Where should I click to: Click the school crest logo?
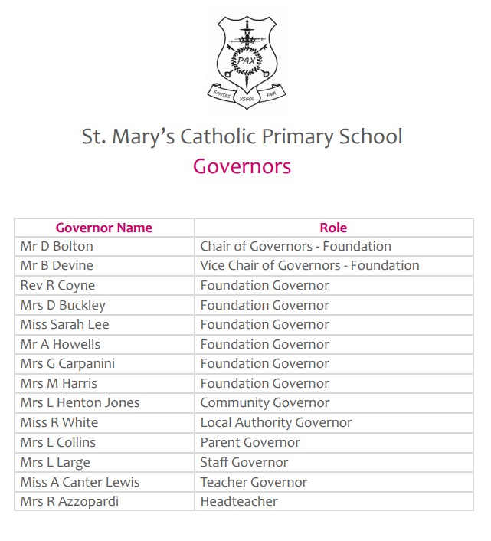[247, 58]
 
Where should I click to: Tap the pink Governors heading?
[242, 166]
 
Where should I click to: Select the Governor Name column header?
[104, 228]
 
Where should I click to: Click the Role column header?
[333, 228]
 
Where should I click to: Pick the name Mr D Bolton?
[57, 246]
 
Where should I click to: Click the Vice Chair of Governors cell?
[309, 266]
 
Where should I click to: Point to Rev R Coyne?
[58, 285]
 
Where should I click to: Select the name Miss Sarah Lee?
[65, 325]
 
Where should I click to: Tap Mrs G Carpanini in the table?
[67, 364]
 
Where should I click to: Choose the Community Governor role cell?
[265, 403]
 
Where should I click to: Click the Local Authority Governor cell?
[276, 423]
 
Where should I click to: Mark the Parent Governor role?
[250, 442]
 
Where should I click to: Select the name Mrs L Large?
[55, 462]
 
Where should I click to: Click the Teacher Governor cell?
[254, 482]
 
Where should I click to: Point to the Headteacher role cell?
[239, 501]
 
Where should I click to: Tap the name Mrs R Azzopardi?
[70, 501]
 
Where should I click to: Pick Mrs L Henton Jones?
[80, 403]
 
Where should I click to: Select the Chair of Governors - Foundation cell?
[296, 246]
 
